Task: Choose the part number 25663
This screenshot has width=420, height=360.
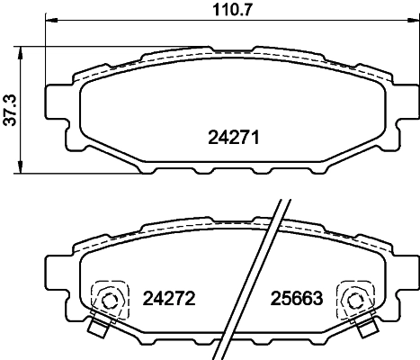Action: (x=295, y=297)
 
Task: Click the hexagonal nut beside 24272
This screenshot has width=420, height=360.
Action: (x=111, y=301)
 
